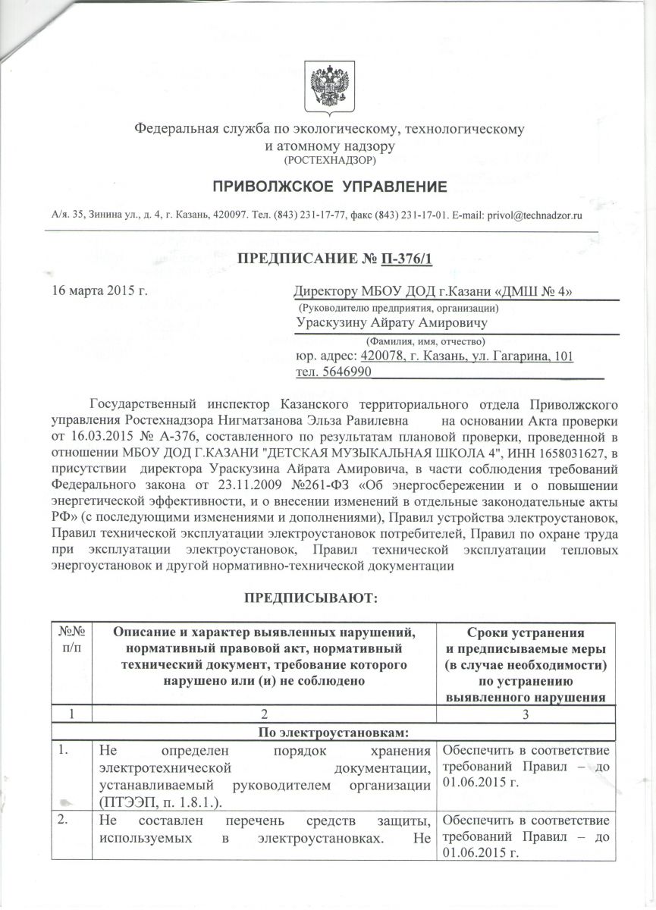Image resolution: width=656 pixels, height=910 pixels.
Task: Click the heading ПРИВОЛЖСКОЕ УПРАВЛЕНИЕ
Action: [329, 187]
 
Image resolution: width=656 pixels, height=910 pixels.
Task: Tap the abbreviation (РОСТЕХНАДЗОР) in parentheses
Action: [328, 160]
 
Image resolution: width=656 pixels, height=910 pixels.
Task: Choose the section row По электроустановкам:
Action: [328, 733]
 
